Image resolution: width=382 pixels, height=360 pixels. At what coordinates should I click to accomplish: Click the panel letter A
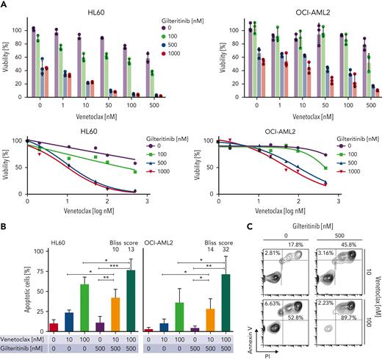click(7, 5)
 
